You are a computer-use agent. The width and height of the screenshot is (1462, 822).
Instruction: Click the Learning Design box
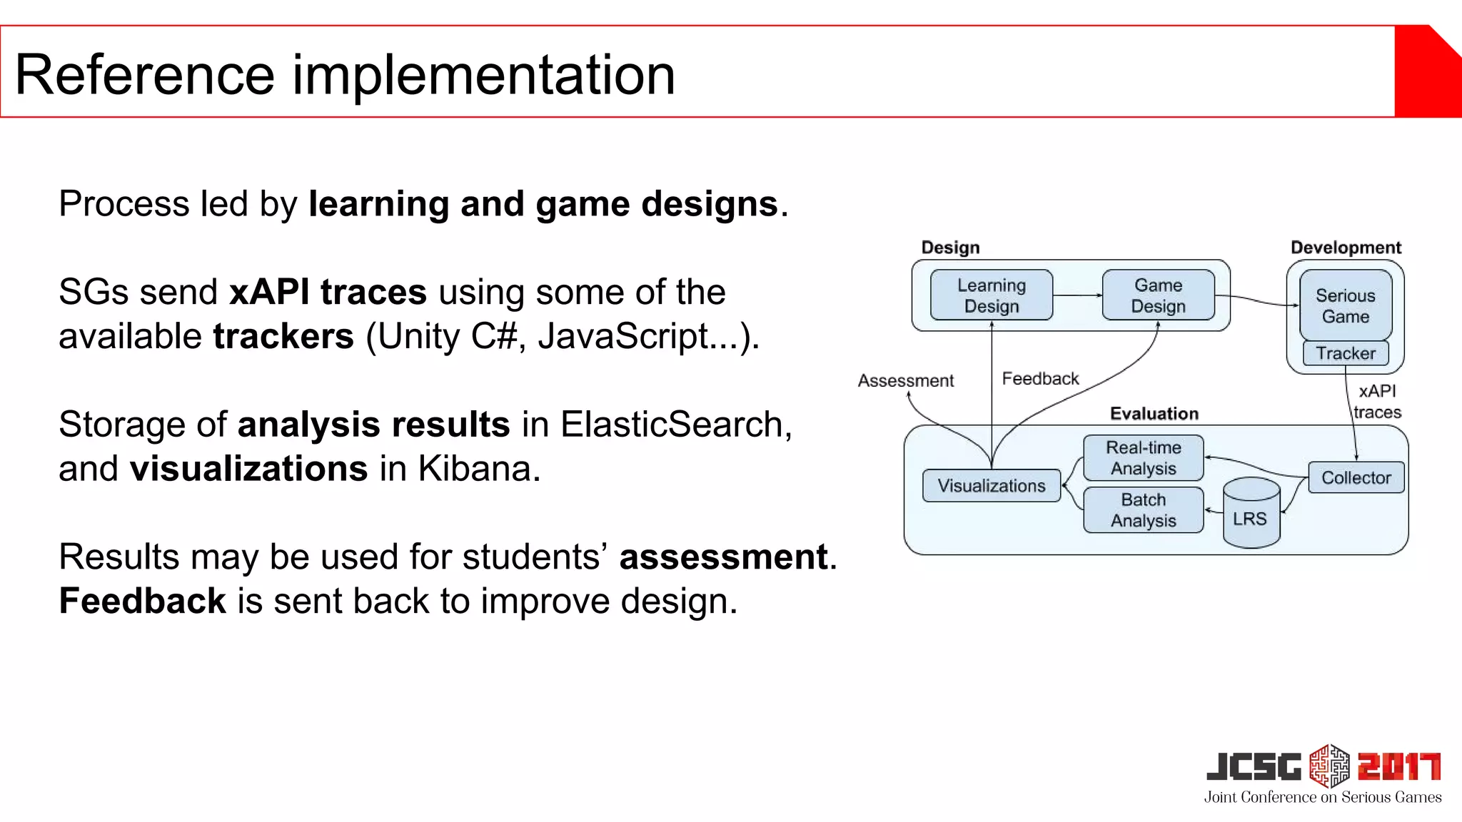(992, 295)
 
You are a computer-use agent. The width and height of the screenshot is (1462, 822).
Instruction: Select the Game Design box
(1158, 295)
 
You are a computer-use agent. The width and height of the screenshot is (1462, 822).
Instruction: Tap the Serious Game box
(1346, 305)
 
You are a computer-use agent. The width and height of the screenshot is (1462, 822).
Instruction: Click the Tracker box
(1346, 353)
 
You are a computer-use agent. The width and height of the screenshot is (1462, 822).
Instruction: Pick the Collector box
(1356, 477)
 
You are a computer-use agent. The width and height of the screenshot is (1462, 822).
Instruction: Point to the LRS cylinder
(1251, 514)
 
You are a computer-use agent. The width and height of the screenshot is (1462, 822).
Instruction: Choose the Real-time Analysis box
(1143, 458)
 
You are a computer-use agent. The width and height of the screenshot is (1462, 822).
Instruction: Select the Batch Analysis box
(1143, 510)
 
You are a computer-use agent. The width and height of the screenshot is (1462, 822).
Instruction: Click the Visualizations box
(991, 486)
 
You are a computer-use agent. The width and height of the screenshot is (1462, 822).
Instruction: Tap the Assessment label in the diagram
(905, 381)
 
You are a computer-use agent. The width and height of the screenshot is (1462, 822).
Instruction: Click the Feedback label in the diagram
(1040, 379)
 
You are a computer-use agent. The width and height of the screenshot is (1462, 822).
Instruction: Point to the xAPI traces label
(1377, 402)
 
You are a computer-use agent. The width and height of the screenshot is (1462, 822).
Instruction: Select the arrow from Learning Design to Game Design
(1077, 295)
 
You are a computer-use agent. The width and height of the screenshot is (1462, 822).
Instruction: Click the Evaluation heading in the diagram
(1154, 414)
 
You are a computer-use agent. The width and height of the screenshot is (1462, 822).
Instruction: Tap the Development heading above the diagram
(1346, 248)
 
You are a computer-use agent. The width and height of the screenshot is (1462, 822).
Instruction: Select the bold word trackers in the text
(283, 336)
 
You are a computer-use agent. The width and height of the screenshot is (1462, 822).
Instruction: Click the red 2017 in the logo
(1398, 767)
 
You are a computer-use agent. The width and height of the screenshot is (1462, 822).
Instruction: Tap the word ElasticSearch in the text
(671, 425)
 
